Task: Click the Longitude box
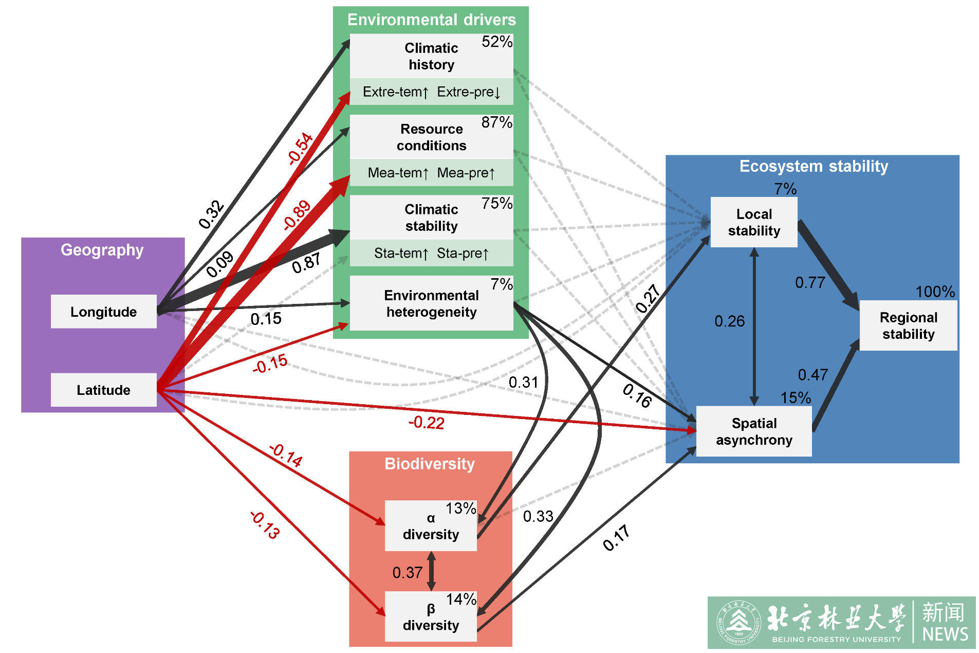[x=103, y=312]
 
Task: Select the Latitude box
[x=103, y=390]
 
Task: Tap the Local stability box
[x=753, y=222]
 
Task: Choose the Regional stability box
[x=908, y=325]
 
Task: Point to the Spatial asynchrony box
[x=753, y=431]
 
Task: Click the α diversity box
[x=431, y=526]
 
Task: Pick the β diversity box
[x=431, y=617]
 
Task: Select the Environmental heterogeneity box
[x=431, y=303]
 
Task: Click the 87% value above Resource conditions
[x=496, y=122]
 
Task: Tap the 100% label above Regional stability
[x=935, y=292]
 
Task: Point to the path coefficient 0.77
[x=810, y=282]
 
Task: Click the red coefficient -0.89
[x=297, y=214]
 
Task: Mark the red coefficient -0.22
[x=426, y=423]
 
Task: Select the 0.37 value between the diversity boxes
[x=407, y=572]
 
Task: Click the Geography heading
[x=102, y=250]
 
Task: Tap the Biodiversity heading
[x=430, y=464]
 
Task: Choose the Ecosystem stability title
[x=814, y=166]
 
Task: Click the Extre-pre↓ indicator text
[x=468, y=92]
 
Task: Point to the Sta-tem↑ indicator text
[x=401, y=253]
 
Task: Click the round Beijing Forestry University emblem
[x=739, y=623]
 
